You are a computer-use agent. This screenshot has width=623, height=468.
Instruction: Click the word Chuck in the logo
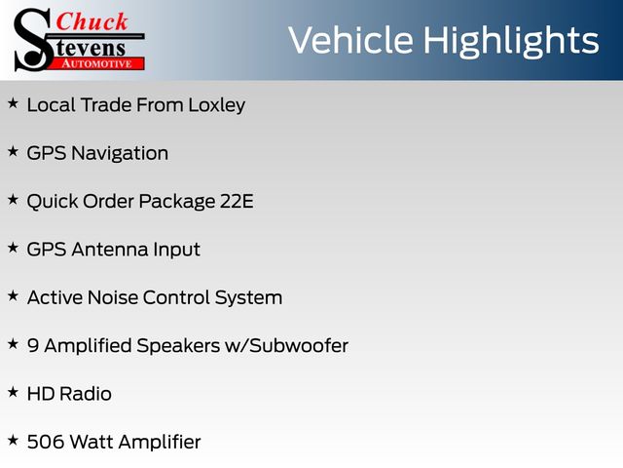(92, 21)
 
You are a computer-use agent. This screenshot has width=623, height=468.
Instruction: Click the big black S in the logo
(33, 40)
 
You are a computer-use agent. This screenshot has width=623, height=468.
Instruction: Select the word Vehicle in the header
(350, 40)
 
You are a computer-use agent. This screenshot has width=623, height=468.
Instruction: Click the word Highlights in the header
(511, 41)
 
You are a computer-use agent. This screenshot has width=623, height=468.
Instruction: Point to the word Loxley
(216, 106)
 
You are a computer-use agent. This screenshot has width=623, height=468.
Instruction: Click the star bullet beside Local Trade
(13, 103)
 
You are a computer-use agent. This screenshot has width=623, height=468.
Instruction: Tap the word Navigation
(120, 154)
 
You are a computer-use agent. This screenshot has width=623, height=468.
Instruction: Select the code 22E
(237, 201)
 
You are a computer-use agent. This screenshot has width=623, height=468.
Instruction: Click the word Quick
(53, 202)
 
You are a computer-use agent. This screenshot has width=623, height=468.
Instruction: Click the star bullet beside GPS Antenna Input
(13, 248)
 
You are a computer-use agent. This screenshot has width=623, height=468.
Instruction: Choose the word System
(248, 298)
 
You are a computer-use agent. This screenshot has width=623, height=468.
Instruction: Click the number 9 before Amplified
(33, 346)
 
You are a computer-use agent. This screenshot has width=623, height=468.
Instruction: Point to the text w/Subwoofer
(286, 346)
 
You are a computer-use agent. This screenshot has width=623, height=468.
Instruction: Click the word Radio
(86, 394)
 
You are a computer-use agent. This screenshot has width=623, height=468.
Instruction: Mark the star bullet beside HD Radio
(13, 392)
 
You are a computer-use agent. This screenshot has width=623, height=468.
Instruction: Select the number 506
(46, 442)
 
